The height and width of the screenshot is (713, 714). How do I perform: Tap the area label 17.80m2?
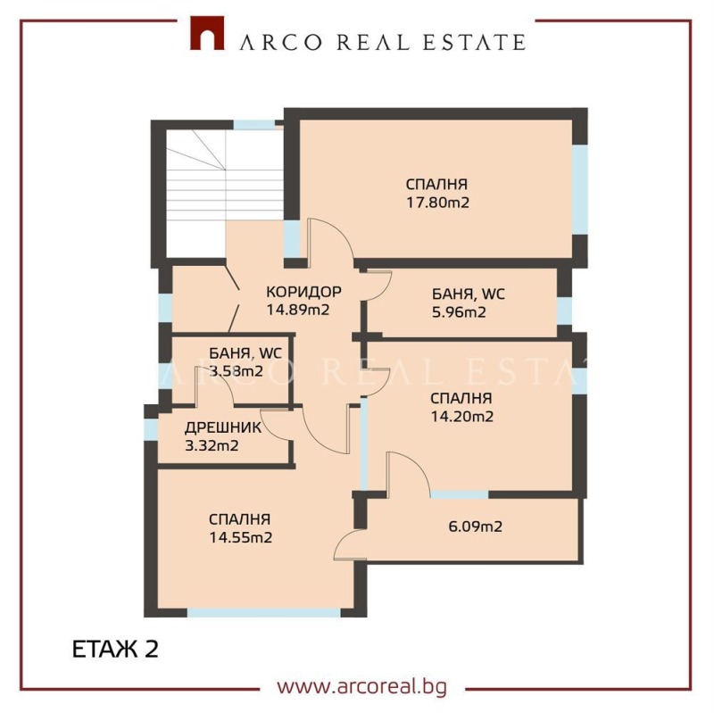pos(437,203)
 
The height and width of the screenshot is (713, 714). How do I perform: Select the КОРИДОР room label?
pos(303,292)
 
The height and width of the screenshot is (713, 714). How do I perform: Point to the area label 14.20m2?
pos(461,416)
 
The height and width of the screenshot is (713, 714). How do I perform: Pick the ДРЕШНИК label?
pos(223,427)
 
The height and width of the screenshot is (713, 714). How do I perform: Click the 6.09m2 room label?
pos(475,526)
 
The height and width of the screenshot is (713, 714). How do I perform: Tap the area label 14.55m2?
pos(241,537)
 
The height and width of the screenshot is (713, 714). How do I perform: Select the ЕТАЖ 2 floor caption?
pos(114,649)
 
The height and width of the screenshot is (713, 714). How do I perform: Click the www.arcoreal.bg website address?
pos(361,686)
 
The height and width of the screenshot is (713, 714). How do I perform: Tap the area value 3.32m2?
pos(211,446)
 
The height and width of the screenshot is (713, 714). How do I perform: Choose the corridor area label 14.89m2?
pos(298,311)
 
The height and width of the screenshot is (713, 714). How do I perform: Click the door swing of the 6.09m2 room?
pos(351,542)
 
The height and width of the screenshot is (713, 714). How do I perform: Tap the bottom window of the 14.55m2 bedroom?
pos(264,612)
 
